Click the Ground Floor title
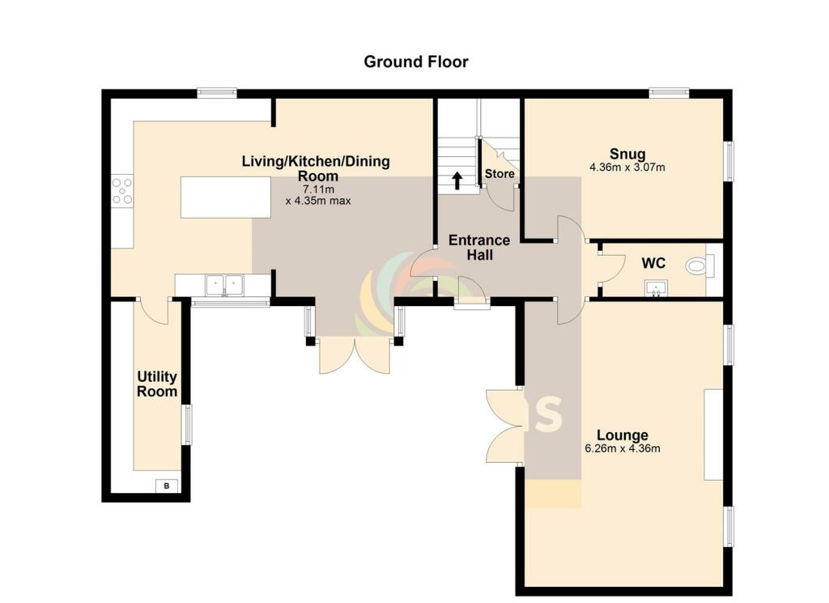point(415,62)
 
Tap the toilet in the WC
point(698,265)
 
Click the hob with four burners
point(122,191)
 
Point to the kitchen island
point(225,197)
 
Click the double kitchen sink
point(224,285)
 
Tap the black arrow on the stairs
point(457,180)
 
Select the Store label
point(499,174)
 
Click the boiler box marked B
point(168,486)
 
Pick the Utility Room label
point(157,384)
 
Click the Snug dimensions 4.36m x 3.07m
point(627,168)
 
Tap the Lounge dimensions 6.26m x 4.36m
point(622,448)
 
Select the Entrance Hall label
point(479,247)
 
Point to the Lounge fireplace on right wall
point(712,434)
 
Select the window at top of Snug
point(669,92)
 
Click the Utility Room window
point(187,425)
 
